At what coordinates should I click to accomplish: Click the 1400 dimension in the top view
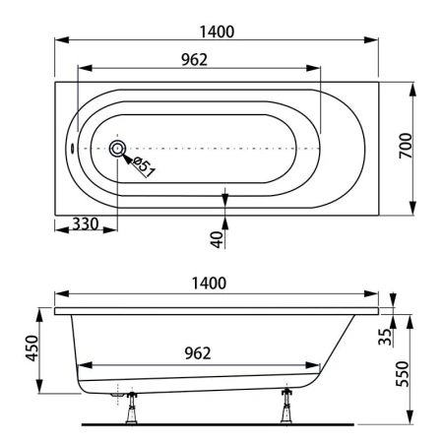(x=217, y=32)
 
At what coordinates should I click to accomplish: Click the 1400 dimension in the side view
(x=209, y=284)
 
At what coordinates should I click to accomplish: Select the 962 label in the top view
(x=195, y=60)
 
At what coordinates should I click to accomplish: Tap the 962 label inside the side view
(x=198, y=353)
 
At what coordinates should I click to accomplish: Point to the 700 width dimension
(x=406, y=146)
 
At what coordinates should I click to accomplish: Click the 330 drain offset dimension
(x=86, y=223)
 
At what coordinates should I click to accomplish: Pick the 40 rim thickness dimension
(x=217, y=239)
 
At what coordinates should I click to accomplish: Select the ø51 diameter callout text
(x=144, y=166)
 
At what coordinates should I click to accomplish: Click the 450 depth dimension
(x=32, y=348)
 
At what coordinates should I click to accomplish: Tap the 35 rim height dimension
(x=385, y=337)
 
